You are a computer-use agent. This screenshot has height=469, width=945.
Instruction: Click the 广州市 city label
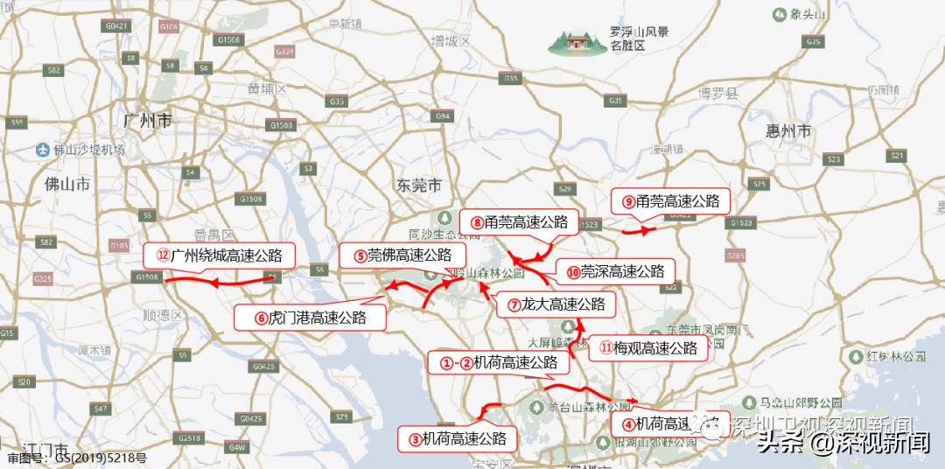(x=148, y=122)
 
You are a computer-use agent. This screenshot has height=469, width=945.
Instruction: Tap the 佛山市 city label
(x=67, y=185)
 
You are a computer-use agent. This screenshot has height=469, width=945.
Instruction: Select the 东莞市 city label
(x=418, y=185)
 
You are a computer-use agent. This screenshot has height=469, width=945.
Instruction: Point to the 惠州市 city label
(x=788, y=132)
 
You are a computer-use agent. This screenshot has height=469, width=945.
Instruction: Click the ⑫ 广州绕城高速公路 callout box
(x=220, y=255)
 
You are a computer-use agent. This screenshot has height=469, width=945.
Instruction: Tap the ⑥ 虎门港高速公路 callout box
(x=311, y=318)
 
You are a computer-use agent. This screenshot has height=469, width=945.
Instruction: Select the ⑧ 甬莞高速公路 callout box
(x=520, y=222)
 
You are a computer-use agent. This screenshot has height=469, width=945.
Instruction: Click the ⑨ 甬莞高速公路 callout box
(x=671, y=201)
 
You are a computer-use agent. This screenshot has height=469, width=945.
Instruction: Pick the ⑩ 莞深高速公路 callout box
(x=616, y=271)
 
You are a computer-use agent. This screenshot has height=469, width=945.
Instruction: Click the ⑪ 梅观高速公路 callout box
(x=648, y=348)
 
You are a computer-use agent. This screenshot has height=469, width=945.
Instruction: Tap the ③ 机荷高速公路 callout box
(x=458, y=438)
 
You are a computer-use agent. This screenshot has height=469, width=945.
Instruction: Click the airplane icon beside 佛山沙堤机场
(x=41, y=150)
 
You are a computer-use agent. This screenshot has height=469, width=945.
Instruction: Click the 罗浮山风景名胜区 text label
(x=640, y=38)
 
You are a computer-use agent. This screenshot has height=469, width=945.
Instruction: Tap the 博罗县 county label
(x=719, y=93)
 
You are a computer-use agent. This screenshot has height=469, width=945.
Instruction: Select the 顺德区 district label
(x=161, y=311)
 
